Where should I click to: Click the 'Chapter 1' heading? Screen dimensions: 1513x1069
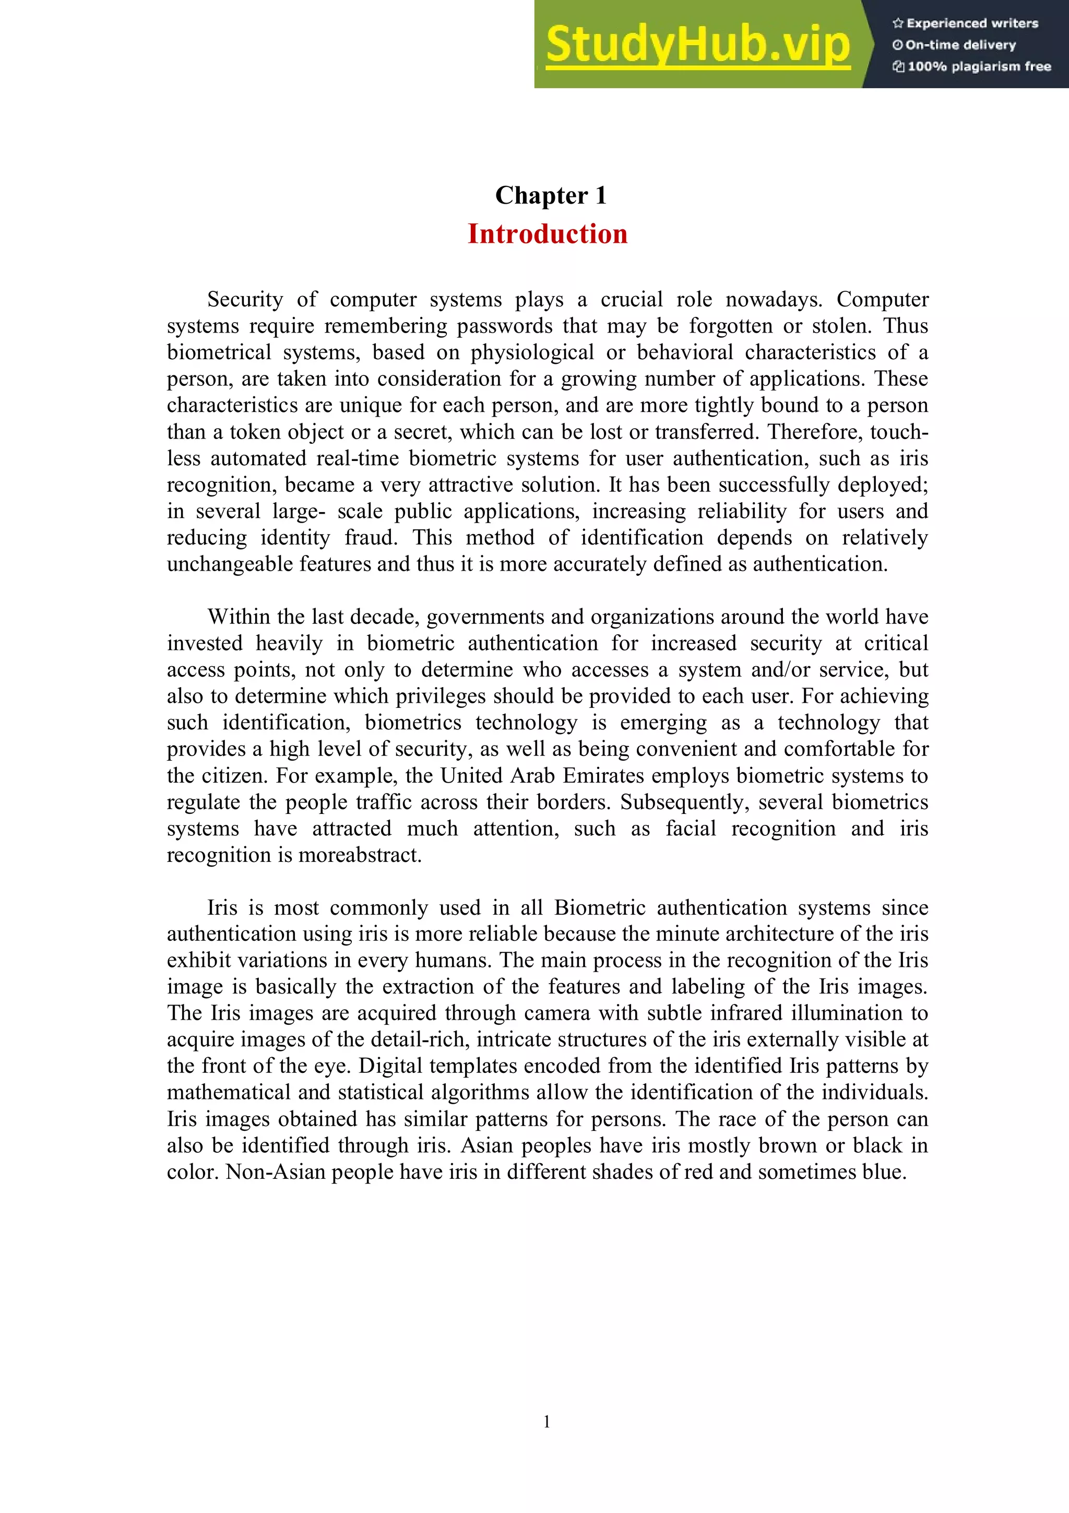tap(551, 196)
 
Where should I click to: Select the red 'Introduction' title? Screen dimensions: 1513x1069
tap(548, 234)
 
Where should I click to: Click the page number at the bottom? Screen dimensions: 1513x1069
tap(546, 1422)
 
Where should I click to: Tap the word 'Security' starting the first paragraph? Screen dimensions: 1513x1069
tap(244, 300)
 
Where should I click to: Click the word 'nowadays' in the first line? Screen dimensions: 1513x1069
tap(773, 300)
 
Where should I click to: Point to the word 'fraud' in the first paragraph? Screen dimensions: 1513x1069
tap(370, 538)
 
